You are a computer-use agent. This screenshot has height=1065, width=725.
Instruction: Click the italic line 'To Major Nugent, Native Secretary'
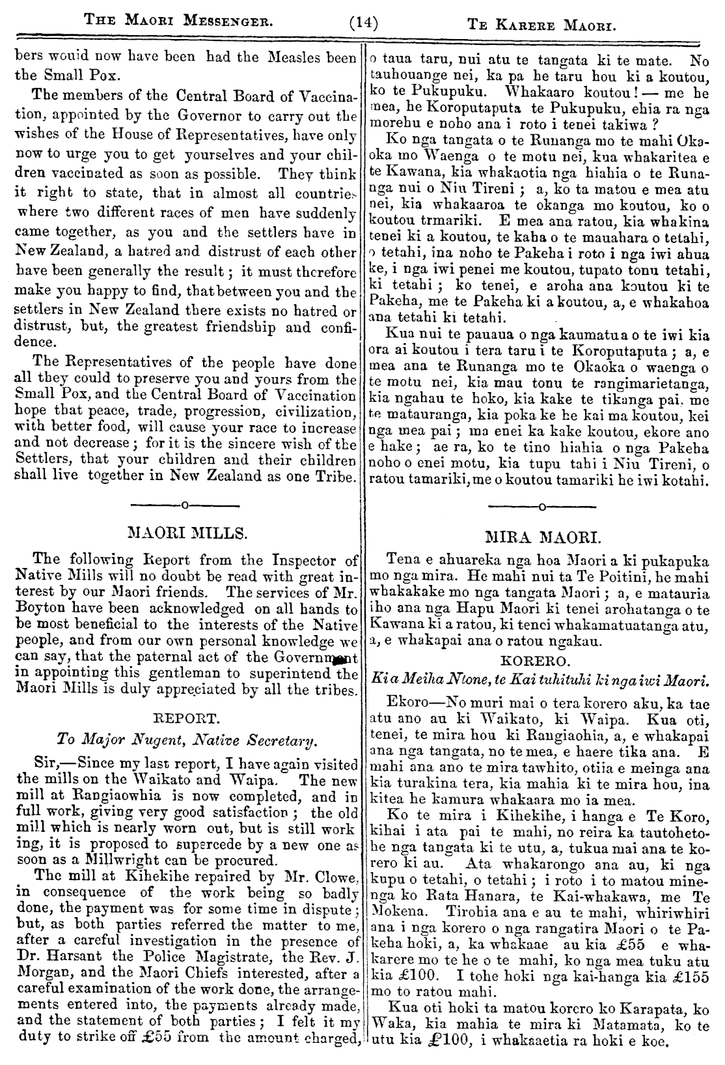click(186, 740)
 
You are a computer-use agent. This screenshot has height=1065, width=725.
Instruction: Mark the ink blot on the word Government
click(336, 660)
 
